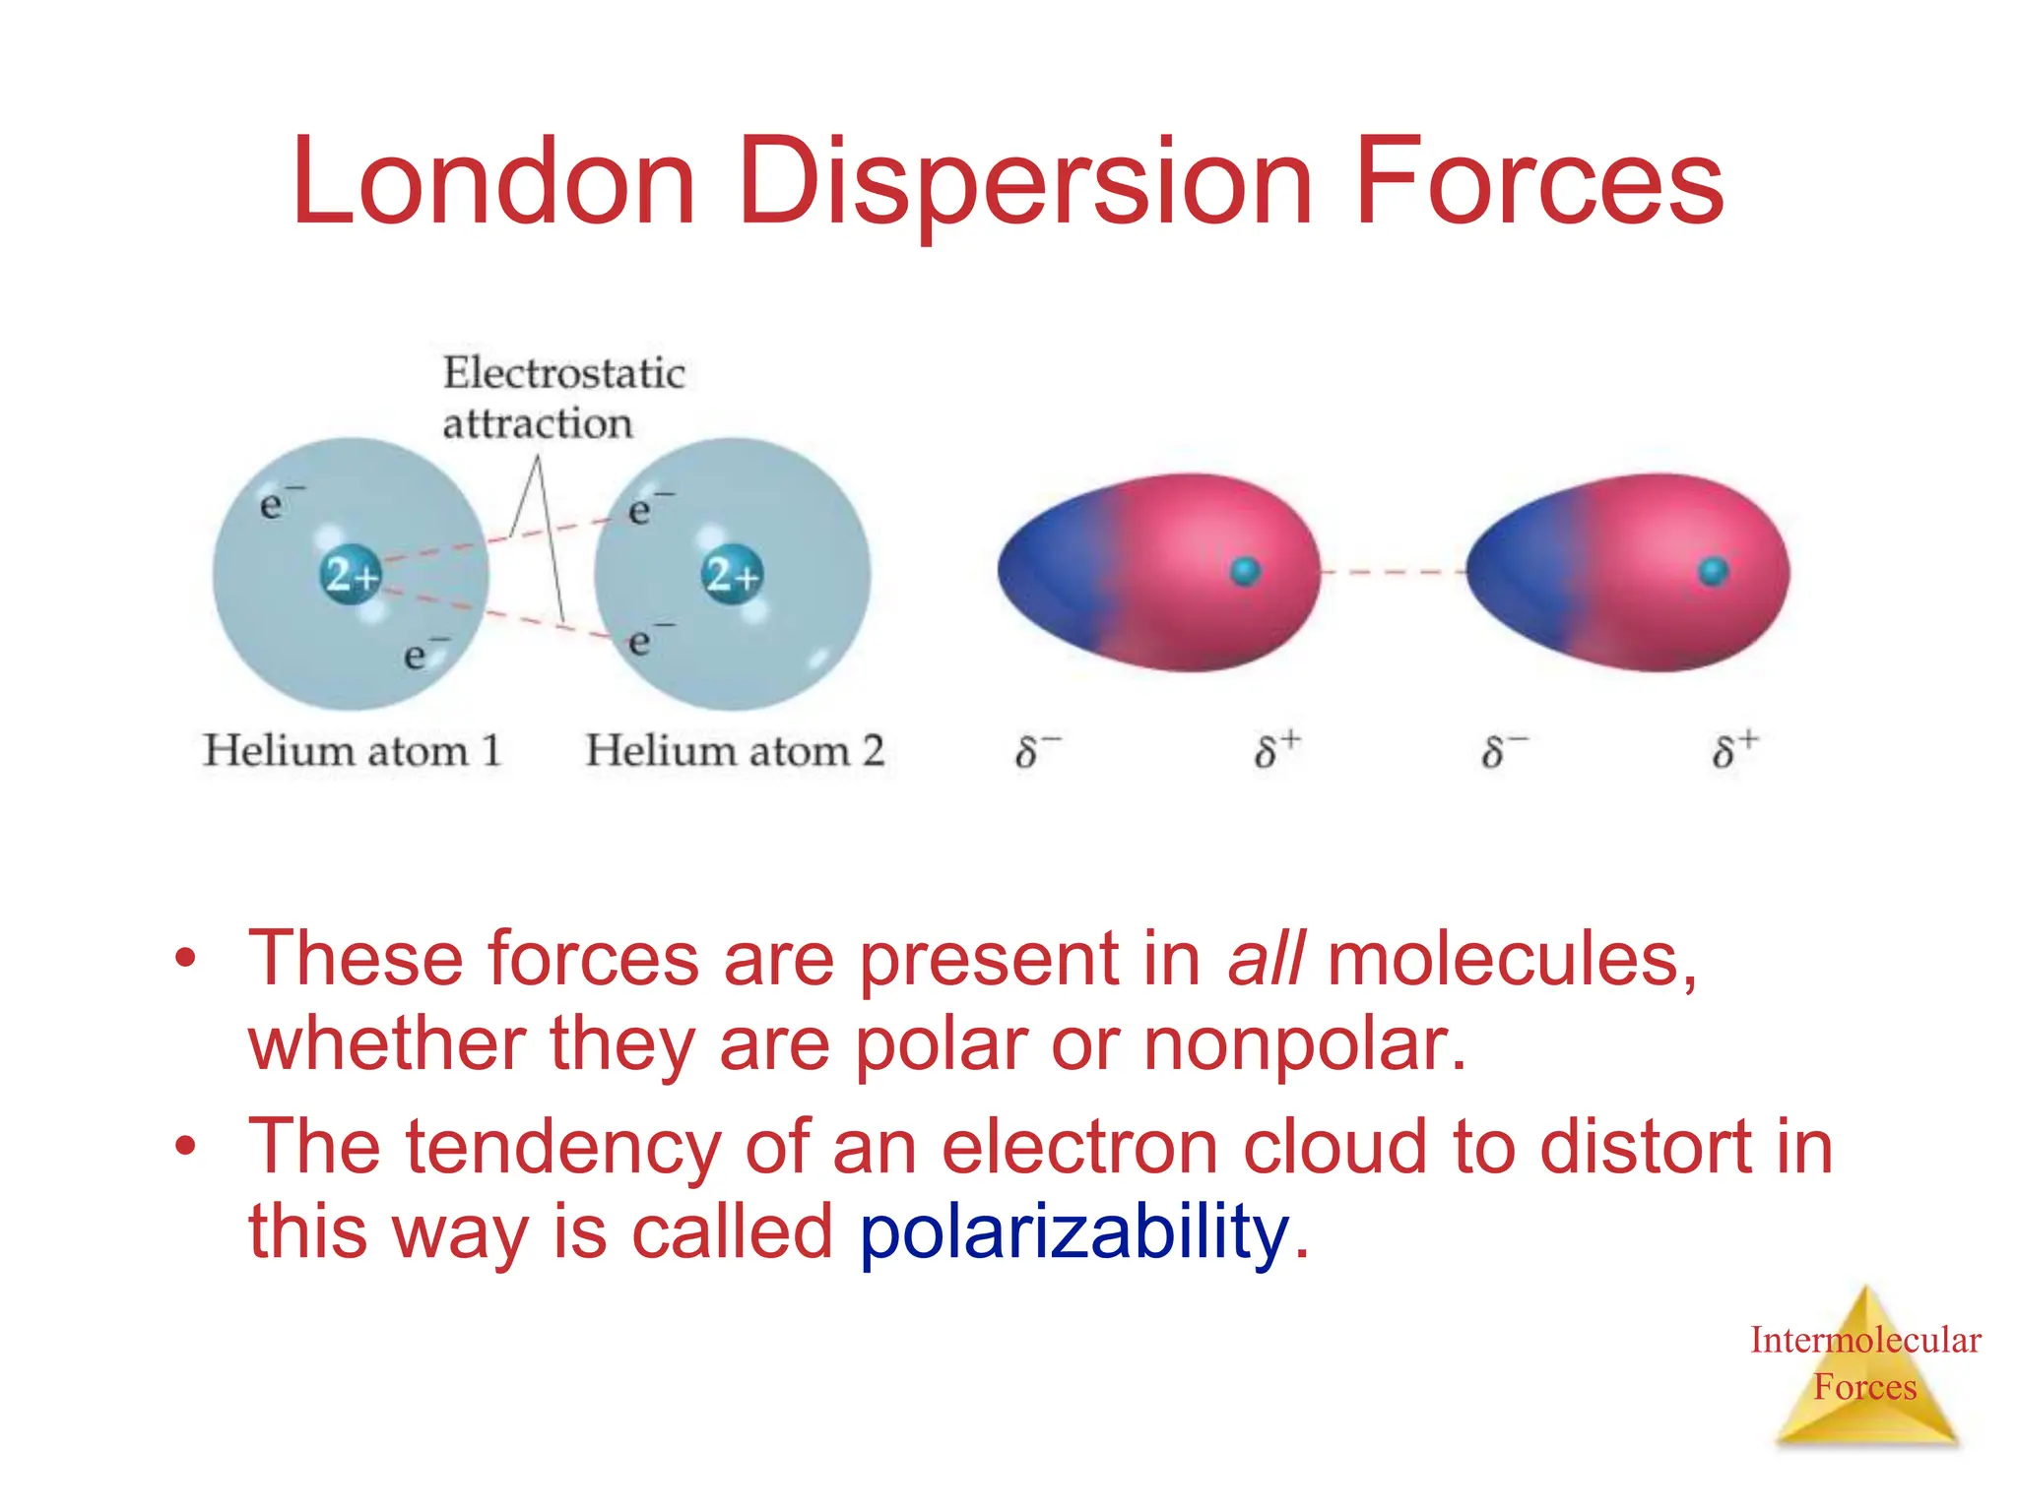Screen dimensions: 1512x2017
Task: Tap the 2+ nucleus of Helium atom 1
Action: [351, 574]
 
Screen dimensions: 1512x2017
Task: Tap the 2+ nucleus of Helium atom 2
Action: [732, 574]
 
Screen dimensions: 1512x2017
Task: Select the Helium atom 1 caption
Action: [352, 751]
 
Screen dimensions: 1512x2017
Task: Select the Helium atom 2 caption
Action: [734, 751]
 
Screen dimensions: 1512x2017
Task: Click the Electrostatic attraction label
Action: [562, 398]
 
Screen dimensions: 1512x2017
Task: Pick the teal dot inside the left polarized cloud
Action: [1245, 571]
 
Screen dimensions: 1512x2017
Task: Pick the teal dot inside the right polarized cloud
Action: [1713, 571]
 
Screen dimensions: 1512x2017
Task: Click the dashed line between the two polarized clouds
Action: [1393, 571]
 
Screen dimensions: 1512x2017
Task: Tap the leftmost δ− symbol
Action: [1034, 751]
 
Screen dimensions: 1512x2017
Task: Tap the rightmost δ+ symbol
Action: [1733, 751]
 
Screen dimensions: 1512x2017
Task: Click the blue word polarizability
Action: [1074, 1232]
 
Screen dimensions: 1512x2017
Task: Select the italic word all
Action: [1266, 959]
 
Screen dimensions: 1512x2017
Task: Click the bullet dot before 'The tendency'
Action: [185, 1146]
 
